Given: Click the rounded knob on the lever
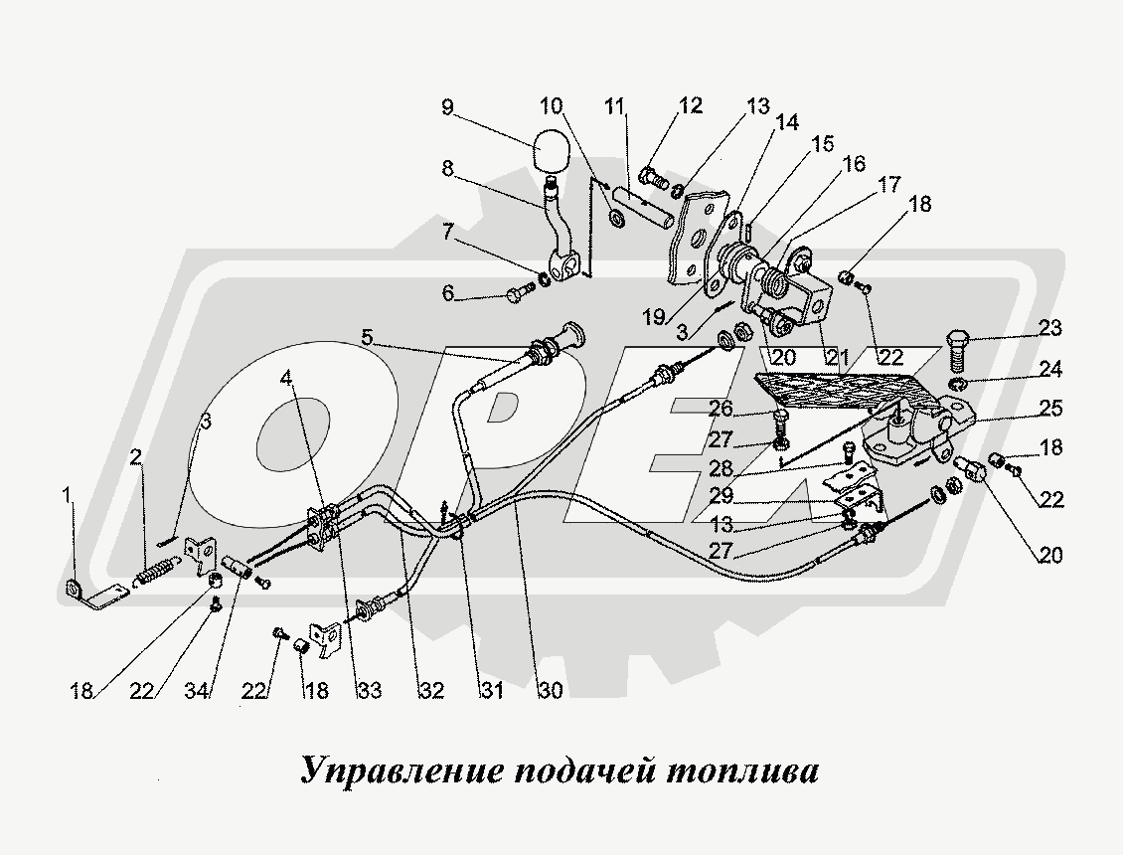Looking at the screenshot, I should click(x=552, y=151).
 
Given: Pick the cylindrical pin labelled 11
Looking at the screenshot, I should click(x=643, y=216).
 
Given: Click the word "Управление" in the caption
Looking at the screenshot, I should click(x=402, y=771).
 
